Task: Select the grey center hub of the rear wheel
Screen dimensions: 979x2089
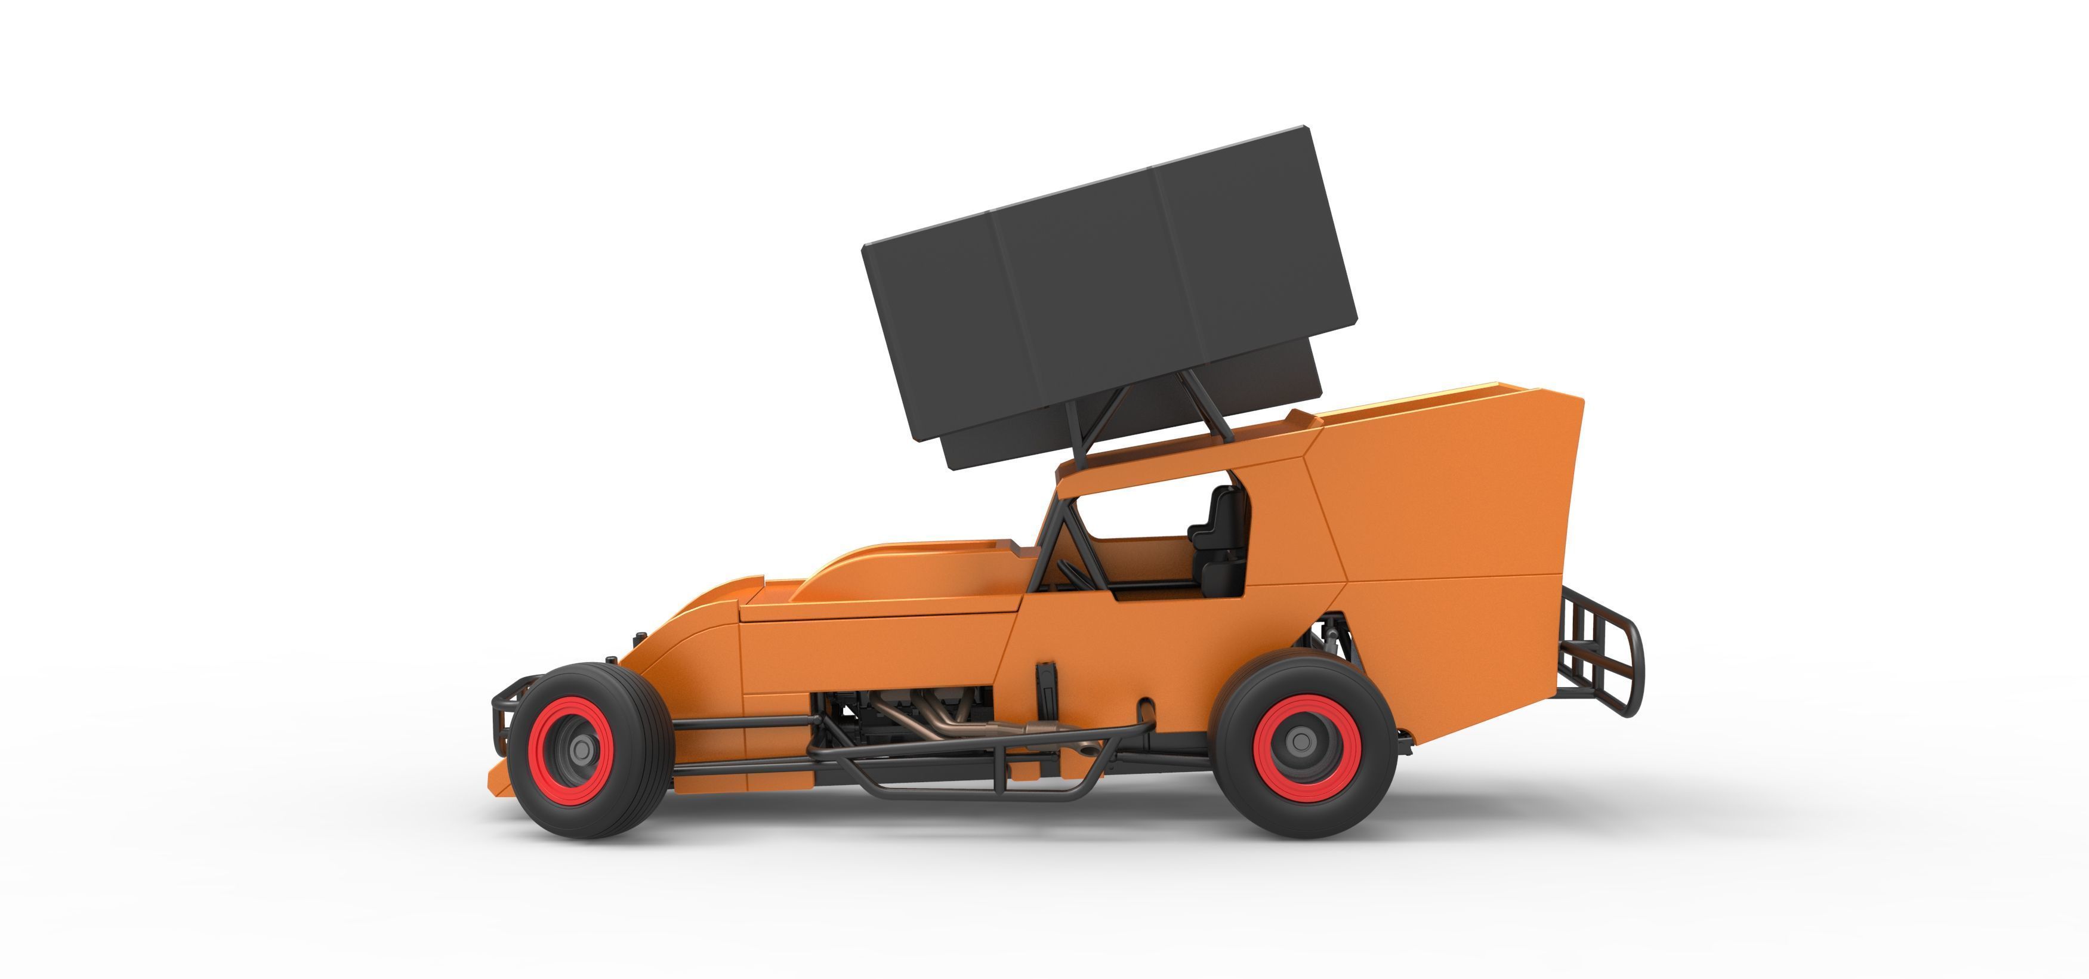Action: [1303, 740]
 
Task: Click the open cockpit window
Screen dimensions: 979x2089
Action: [1135, 519]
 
